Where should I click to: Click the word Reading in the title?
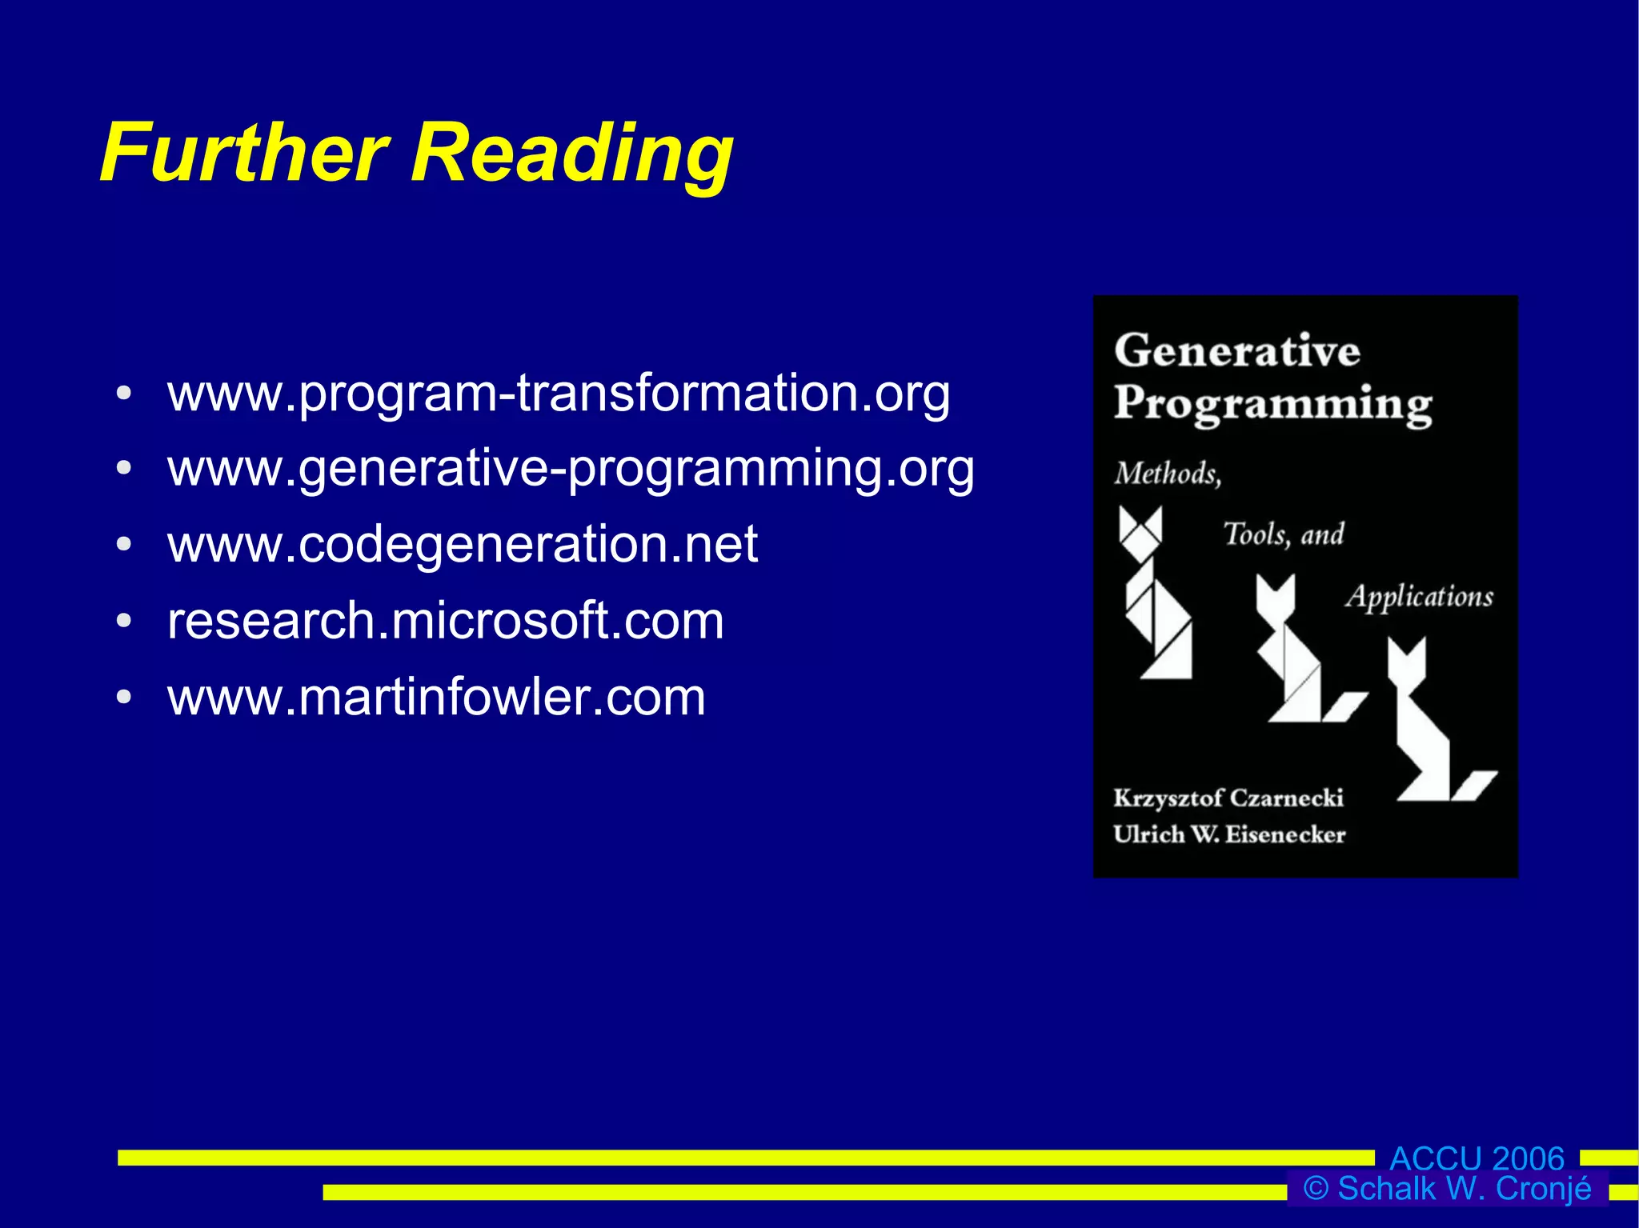coord(571,154)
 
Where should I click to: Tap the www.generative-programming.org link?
coord(571,469)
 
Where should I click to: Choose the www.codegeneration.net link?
coord(463,544)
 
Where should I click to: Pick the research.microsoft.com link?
coord(446,621)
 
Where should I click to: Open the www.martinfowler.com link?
coord(437,697)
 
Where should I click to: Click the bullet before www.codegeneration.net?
coord(123,545)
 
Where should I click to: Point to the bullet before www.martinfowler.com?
coord(123,698)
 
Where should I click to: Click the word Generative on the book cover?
coord(1237,350)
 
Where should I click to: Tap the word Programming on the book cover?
coord(1272,404)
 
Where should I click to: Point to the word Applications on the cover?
coord(1419,597)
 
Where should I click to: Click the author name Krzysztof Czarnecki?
coord(1228,798)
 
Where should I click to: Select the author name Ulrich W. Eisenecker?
coord(1229,834)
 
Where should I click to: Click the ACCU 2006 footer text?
coord(1477,1158)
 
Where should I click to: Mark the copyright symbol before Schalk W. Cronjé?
coord(1315,1189)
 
